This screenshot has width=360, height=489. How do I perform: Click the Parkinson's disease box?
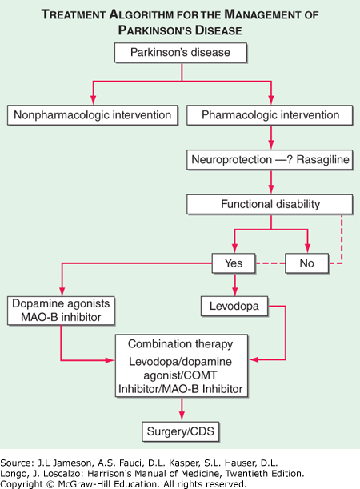pyautogui.click(x=181, y=53)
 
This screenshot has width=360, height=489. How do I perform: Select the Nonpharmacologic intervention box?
pyautogui.click(x=93, y=115)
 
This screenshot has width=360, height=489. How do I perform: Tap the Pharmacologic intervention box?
pyautogui.click(x=270, y=115)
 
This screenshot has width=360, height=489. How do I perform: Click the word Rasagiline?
pyautogui.click(x=323, y=160)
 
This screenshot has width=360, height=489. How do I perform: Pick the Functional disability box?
pyautogui.click(x=270, y=205)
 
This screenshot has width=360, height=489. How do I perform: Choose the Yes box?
pyautogui.click(x=234, y=263)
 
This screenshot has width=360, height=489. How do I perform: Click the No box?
pyautogui.click(x=307, y=263)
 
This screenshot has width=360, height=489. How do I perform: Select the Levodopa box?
pyautogui.click(x=234, y=307)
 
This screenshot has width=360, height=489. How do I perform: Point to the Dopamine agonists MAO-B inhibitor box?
pyautogui.click(x=61, y=311)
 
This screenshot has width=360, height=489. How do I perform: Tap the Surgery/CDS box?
pyautogui.click(x=181, y=431)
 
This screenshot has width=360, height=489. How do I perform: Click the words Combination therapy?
pyautogui.click(x=181, y=344)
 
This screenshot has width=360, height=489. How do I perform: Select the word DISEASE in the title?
pyautogui.click(x=218, y=30)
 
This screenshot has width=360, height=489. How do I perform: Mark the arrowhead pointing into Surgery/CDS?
pyautogui.click(x=182, y=416)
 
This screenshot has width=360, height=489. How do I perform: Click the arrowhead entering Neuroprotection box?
pyautogui.click(x=271, y=144)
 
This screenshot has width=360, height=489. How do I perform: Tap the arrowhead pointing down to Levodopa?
pyautogui.click(x=235, y=291)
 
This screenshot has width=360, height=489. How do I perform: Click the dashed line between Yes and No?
pyautogui.click(x=270, y=263)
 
